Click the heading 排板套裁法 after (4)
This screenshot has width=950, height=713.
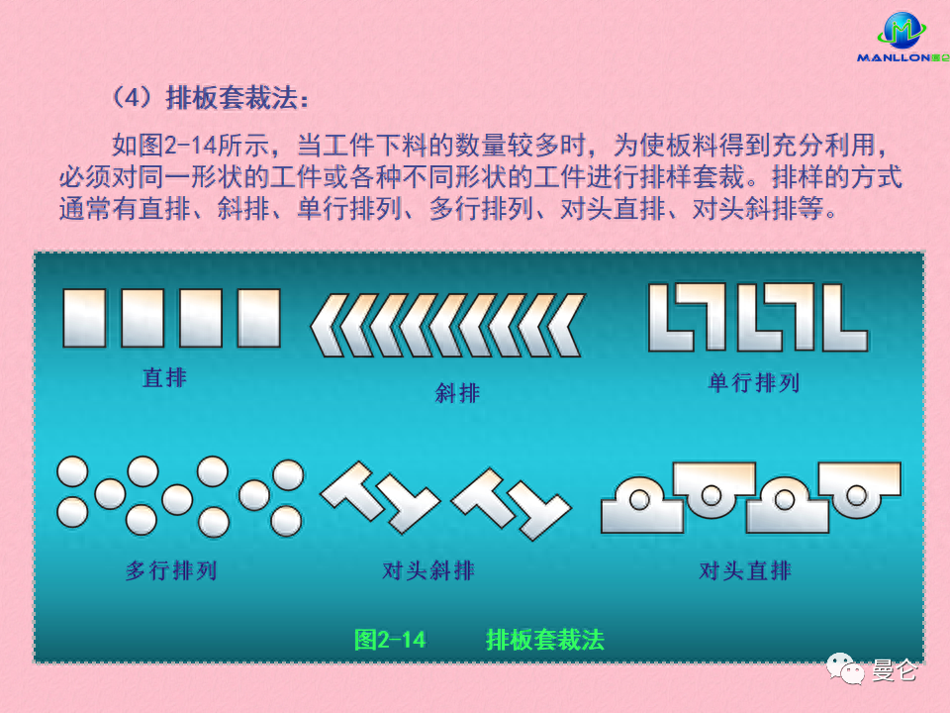(237, 100)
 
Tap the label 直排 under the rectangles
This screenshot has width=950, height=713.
(164, 377)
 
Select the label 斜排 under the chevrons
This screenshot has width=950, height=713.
(457, 393)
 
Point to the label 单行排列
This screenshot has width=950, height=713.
(754, 383)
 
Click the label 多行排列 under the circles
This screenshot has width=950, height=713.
(171, 570)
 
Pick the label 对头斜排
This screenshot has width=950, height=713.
(428, 570)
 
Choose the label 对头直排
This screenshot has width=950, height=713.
(745, 570)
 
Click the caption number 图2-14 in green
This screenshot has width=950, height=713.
(390, 640)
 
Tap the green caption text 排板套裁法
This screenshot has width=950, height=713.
(545, 640)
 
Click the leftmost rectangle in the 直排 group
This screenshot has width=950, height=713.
(84, 317)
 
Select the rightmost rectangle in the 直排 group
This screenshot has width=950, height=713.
(259, 317)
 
